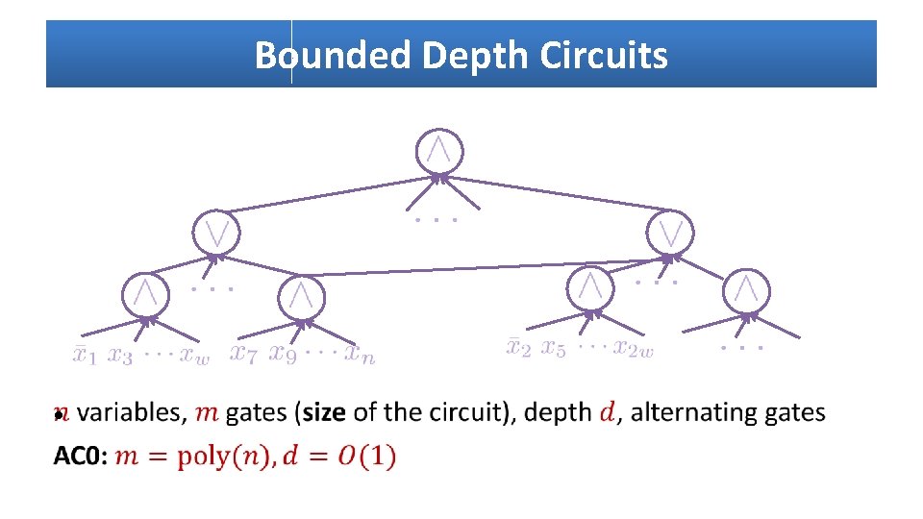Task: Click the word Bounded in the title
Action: (333, 56)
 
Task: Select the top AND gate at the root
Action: (438, 152)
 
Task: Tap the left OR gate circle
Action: (216, 233)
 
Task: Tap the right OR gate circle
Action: (670, 232)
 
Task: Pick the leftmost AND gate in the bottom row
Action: (146, 293)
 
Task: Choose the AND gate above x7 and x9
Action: (302, 296)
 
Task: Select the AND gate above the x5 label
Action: (591, 287)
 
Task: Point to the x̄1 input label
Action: (85, 356)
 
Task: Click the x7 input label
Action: (244, 354)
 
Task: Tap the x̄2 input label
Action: (518, 347)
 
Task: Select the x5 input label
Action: (553, 348)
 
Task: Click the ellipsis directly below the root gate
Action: (435, 221)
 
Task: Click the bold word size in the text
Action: (324, 412)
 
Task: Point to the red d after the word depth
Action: (607, 412)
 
